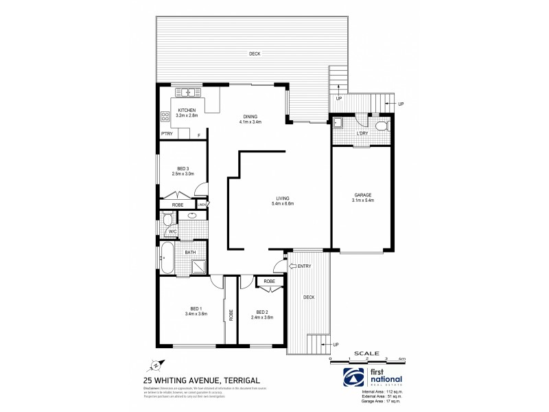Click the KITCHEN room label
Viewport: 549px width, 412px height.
click(x=187, y=111)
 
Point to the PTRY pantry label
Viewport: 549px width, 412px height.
click(x=166, y=135)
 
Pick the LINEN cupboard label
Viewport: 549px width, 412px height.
click(x=202, y=205)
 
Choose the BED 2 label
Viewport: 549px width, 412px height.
click(x=261, y=312)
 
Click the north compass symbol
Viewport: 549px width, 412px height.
click(x=156, y=365)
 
